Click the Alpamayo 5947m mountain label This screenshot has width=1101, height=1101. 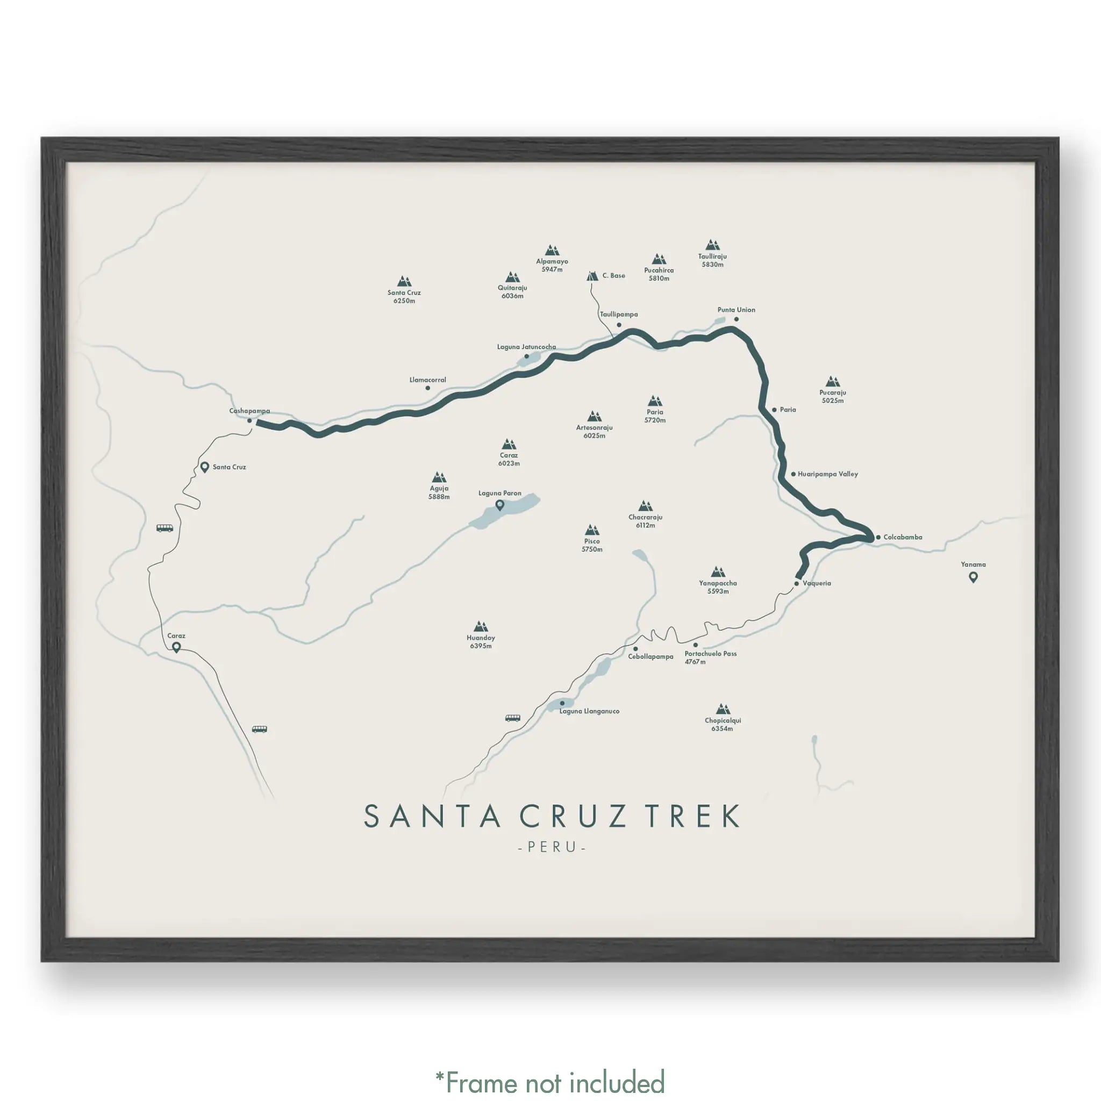pyautogui.click(x=552, y=265)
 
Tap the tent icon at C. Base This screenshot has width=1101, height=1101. pyautogui.click(x=592, y=276)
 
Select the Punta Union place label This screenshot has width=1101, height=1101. pyautogui.click(x=736, y=310)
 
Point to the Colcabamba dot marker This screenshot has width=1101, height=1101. pyautogui.click(x=878, y=538)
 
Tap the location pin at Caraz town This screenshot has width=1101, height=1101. pyautogui.click(x=177, y=647)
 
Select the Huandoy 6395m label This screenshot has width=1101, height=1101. pyautogui.click(x=481, y=642)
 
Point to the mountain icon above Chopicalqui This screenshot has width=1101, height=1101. pyautogui.click(x=723, y=709)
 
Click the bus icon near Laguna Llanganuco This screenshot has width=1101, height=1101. pyautogui.click(x=513, y=718)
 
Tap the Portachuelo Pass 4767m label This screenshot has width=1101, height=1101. pyautogui.click(x=710, y=657)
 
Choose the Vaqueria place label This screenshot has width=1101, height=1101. pyautogui.click(x=816, y=583)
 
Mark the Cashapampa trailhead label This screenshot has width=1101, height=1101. pyautogui.click(x=249, y=411)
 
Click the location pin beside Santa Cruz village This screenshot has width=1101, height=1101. pyautogui.click(x=205, y=467)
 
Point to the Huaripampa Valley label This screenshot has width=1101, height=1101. pyautogui.click(x=827, y=474)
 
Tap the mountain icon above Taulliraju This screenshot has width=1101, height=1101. pyautogui.click(x=712, y=245)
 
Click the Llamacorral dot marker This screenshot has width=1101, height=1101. pyautogui.click(x=427, y=388)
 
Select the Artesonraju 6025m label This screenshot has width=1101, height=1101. pyautogui.click(x=594, y=431)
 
